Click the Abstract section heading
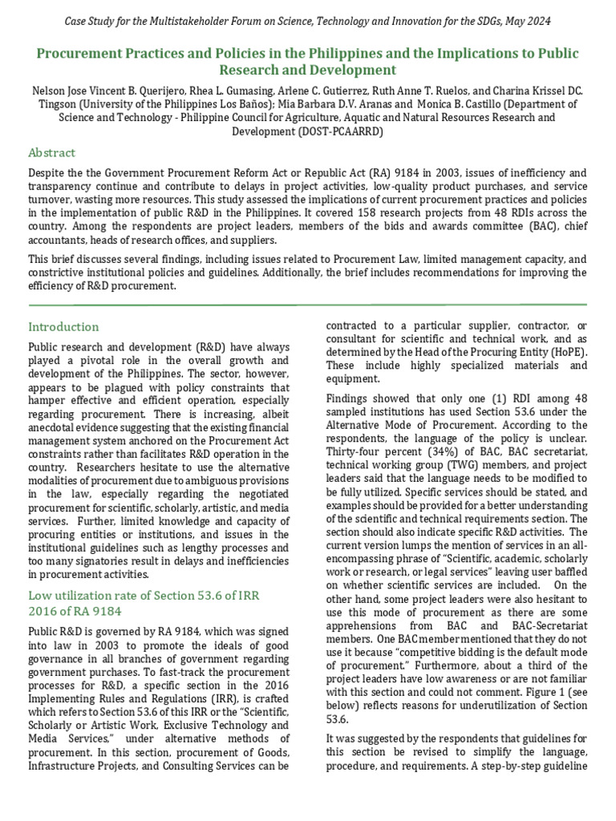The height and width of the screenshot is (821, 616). (x=51, y=152)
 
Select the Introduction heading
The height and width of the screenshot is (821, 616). (x=63, y=326)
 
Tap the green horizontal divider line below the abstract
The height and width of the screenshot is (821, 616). (x=308, y=305)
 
